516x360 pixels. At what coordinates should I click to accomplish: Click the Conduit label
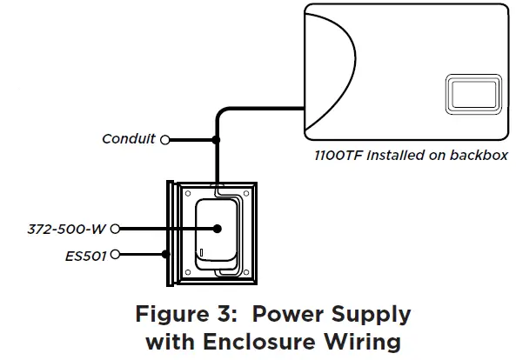tap(129, 139)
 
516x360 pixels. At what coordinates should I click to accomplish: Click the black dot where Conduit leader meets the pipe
tap(216, 139)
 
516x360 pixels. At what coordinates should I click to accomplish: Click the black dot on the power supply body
tap(217, 229)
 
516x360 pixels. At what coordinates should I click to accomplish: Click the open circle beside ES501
tap(116, 255)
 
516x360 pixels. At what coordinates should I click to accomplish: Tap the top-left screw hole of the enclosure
tap(185, 195)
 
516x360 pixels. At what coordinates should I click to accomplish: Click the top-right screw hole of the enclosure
tap(247, 195)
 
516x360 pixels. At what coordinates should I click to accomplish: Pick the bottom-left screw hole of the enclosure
tap(185, 272)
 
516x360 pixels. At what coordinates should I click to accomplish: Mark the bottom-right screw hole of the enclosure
tap(247, 272)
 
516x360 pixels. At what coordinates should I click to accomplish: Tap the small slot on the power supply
tap(201, 255)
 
